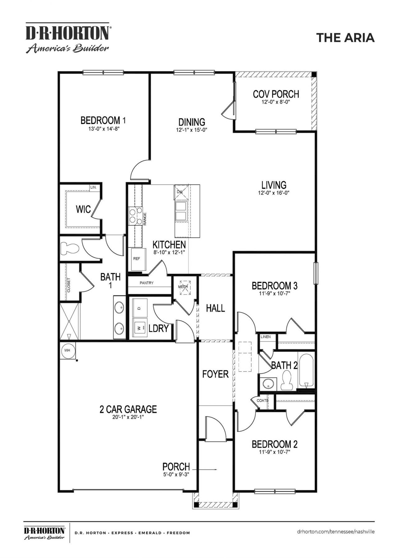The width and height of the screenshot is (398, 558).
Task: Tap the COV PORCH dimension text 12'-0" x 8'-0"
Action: (276, 102)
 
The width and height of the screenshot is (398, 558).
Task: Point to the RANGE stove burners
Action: (136, 216)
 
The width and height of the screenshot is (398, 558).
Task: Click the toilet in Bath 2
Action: (286, 381)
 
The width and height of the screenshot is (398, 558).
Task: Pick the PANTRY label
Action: (146, 283)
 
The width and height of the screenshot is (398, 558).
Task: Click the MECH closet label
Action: (183, 287)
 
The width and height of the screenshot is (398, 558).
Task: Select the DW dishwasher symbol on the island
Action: (180, 192)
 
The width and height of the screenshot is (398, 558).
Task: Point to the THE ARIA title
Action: (345, 38)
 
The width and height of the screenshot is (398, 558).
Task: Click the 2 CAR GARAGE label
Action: (128, 409)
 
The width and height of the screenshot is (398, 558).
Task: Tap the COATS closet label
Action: (262, 400)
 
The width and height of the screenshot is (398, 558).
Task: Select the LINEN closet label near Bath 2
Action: (266, 337)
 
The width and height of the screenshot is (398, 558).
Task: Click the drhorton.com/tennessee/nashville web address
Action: (336, 532)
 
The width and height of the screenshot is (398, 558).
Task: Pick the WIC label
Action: (83, 209)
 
